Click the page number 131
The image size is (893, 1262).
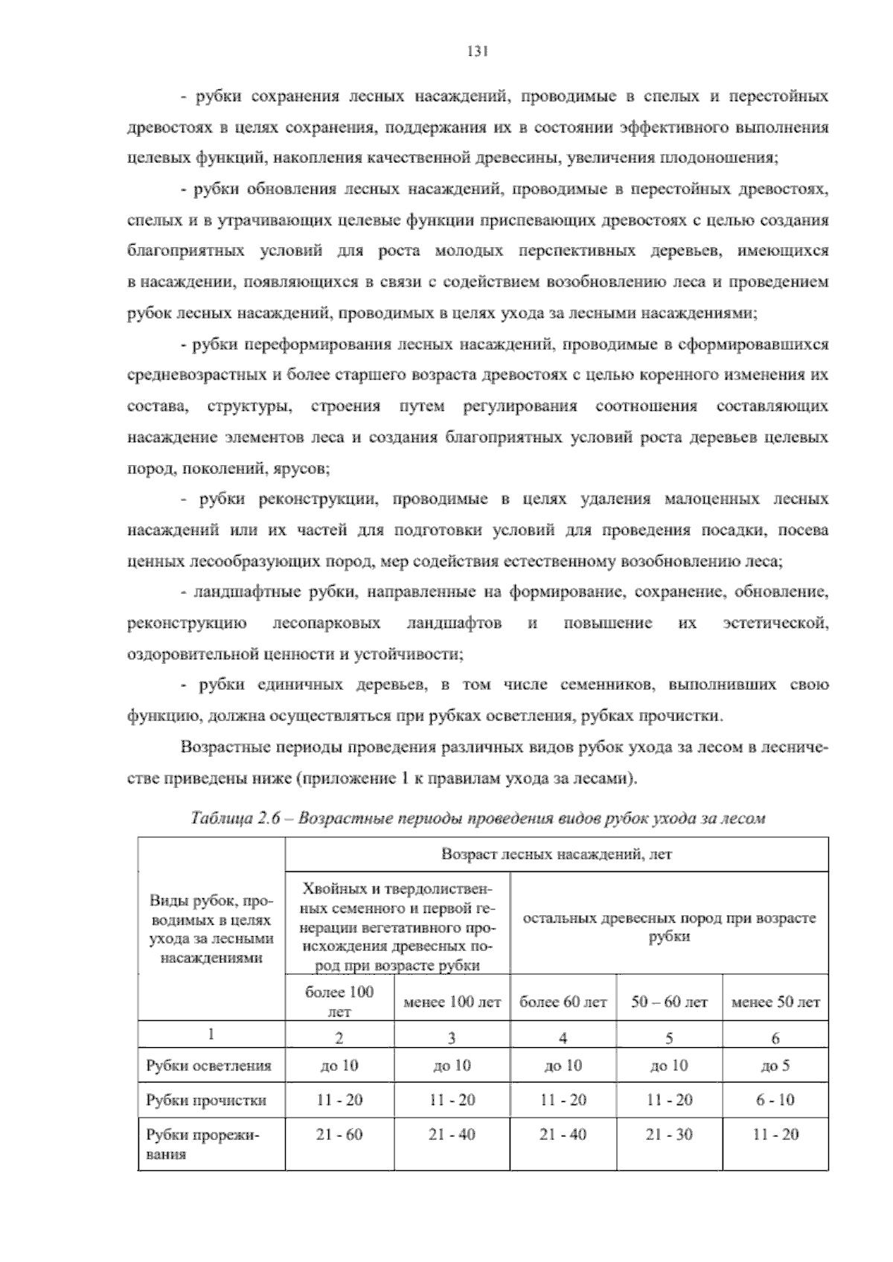click(x=476, y=52)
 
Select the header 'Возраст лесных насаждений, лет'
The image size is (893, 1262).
click(x=557, y=854)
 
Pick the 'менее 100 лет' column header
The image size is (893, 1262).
click(x=452, y=1002)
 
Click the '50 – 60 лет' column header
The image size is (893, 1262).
click(x=669, y=1002)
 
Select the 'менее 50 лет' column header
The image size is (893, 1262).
click(x=775, y=1002)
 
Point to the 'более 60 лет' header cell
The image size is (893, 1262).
click(x=563, y=1002)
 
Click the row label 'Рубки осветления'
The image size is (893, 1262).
click(x=209, y=1066)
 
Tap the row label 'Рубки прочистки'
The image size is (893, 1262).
click(x=206, y=1100)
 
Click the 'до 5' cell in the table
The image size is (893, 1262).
click(x=775, y=1066)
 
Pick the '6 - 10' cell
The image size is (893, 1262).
click(x=775, y=1100)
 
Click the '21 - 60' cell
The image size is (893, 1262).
click(x=340, y=1135)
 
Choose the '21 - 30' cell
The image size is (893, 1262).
click(x=669, y=1135)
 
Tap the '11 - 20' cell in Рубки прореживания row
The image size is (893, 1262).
click(x=775, y=1135)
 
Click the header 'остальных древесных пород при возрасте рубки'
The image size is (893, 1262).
click(x=669, y=927)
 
